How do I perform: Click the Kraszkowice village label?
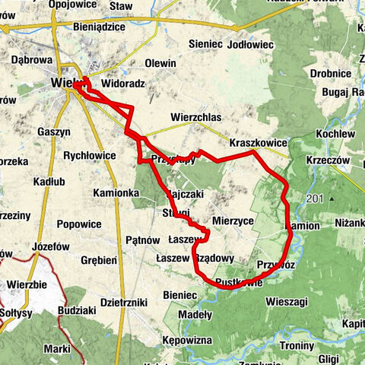[259, 142]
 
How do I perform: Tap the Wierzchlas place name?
[195, 117]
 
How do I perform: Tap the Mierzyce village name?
[233, 221]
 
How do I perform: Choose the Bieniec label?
[179, 294]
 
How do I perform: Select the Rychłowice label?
[89, 155]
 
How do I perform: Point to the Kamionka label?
[116, 194]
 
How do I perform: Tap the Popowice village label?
[79, 224]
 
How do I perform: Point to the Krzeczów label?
[328, 161]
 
